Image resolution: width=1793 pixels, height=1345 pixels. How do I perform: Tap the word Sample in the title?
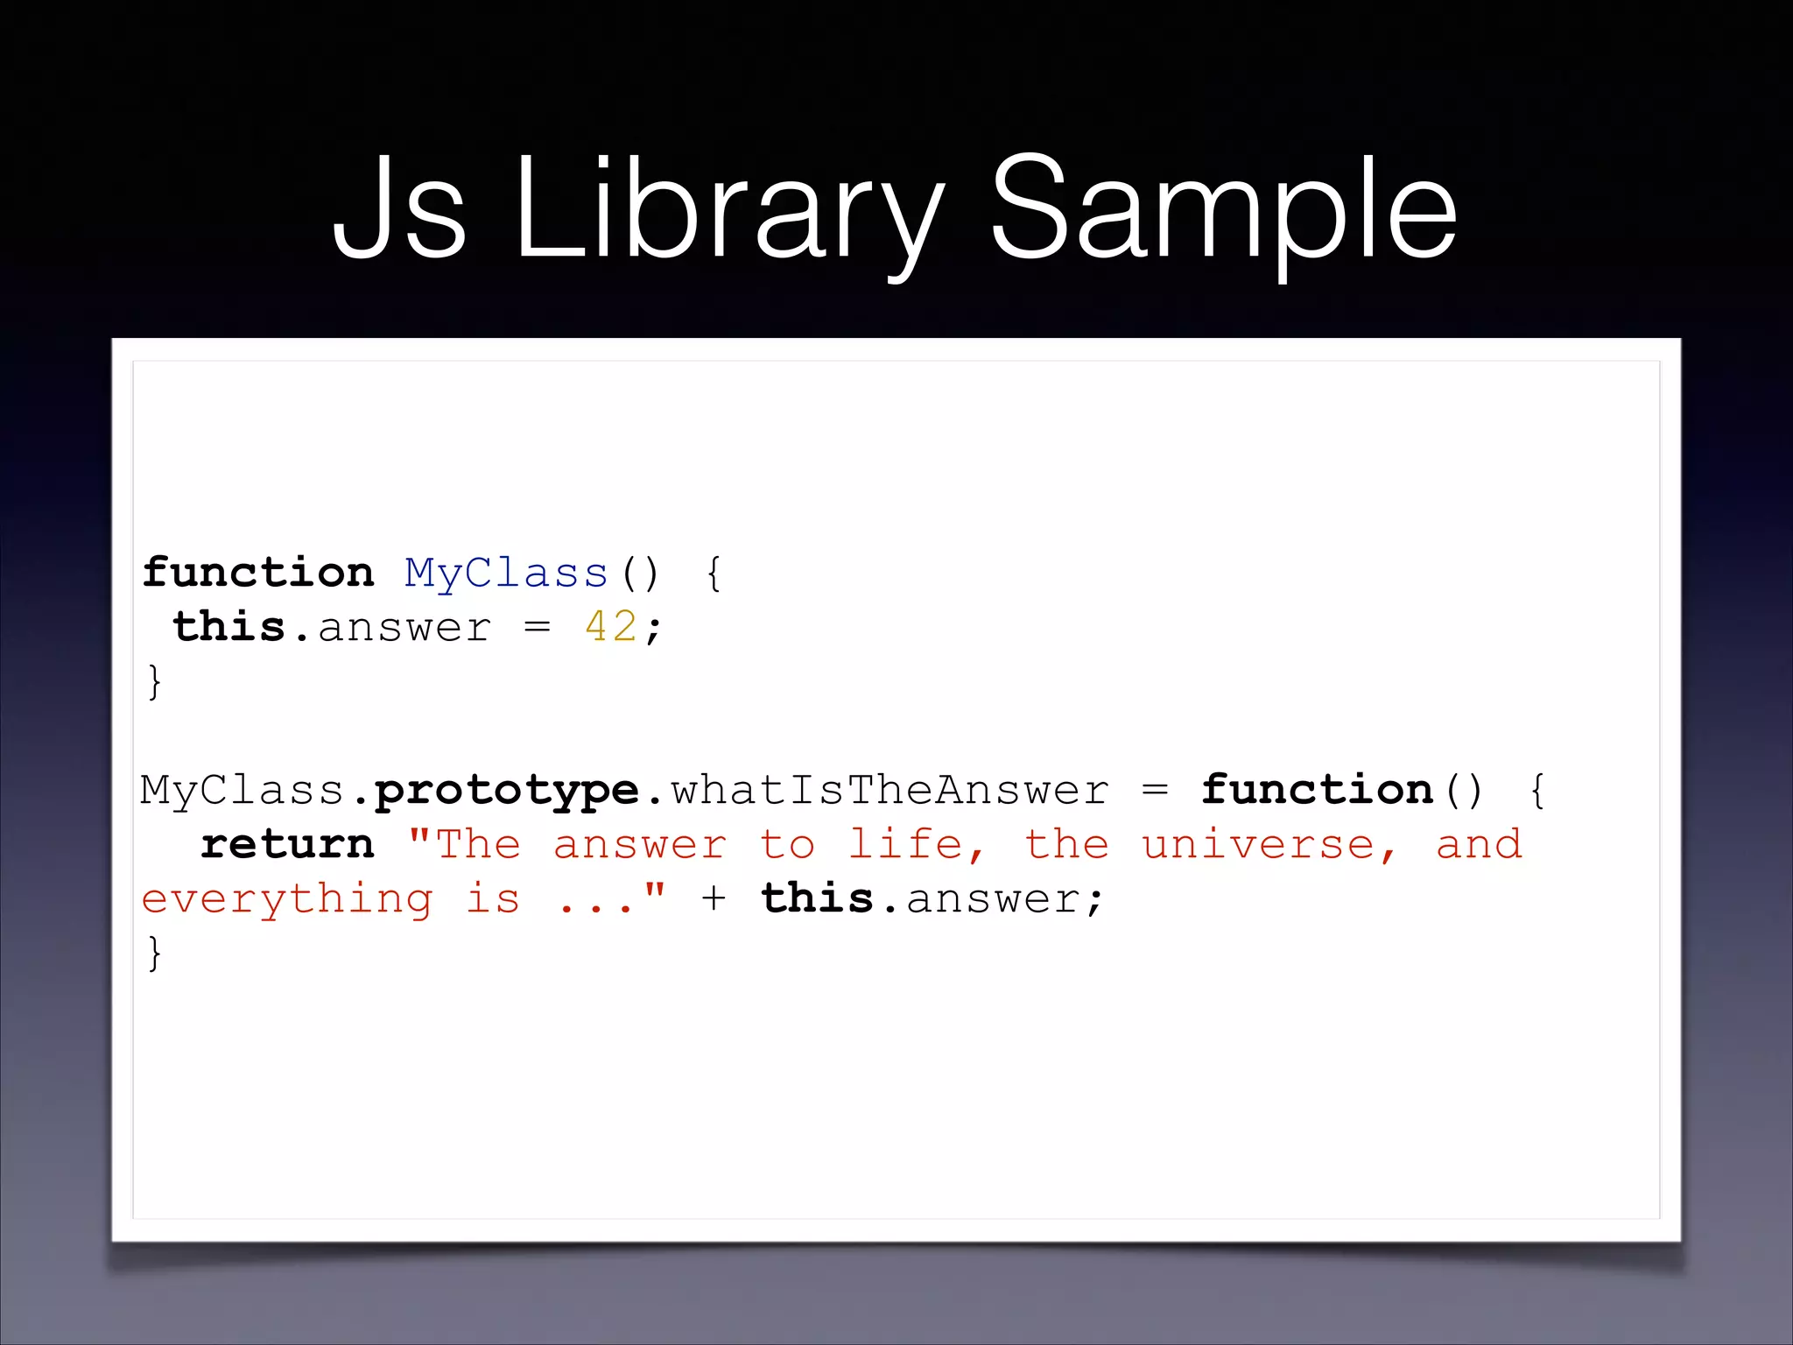click(x=1224, y=210)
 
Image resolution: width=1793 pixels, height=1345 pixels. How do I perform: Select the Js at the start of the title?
click(x=399, y=210)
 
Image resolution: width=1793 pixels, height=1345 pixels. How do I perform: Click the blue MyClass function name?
click(x=506, y=574)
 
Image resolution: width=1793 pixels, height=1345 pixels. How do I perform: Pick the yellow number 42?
click(x=611, y=628)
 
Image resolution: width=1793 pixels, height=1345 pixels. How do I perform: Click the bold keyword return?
click(x=287, y=845)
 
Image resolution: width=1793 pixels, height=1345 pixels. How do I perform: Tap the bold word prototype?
click(x=507, y=792)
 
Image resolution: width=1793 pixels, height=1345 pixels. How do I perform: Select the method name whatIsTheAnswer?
click(x=889, y=791)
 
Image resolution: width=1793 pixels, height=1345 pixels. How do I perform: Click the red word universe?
click(x=1258, y=845)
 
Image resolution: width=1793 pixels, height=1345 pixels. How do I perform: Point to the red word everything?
click(x=287, y=900)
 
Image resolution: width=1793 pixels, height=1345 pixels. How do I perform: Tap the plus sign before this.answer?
click(x=714, y=899)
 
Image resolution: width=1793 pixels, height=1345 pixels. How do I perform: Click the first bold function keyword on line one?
click(x=258, y=574)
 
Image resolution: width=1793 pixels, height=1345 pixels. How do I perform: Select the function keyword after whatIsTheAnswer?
click(x=1317, y=791)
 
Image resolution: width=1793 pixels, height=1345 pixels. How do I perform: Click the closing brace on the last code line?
click(x=155, y=954)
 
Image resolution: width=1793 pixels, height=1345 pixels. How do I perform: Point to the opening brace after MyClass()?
click(x=714, y=574)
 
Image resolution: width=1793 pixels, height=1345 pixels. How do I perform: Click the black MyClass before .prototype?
click(x=242, y=791)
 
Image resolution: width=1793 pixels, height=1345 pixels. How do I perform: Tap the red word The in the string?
click(x=478, y=845)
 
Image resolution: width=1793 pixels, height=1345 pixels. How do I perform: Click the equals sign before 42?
click(x=538, y=628)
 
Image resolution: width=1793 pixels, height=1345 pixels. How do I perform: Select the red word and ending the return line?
click(x=1479, y=845)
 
